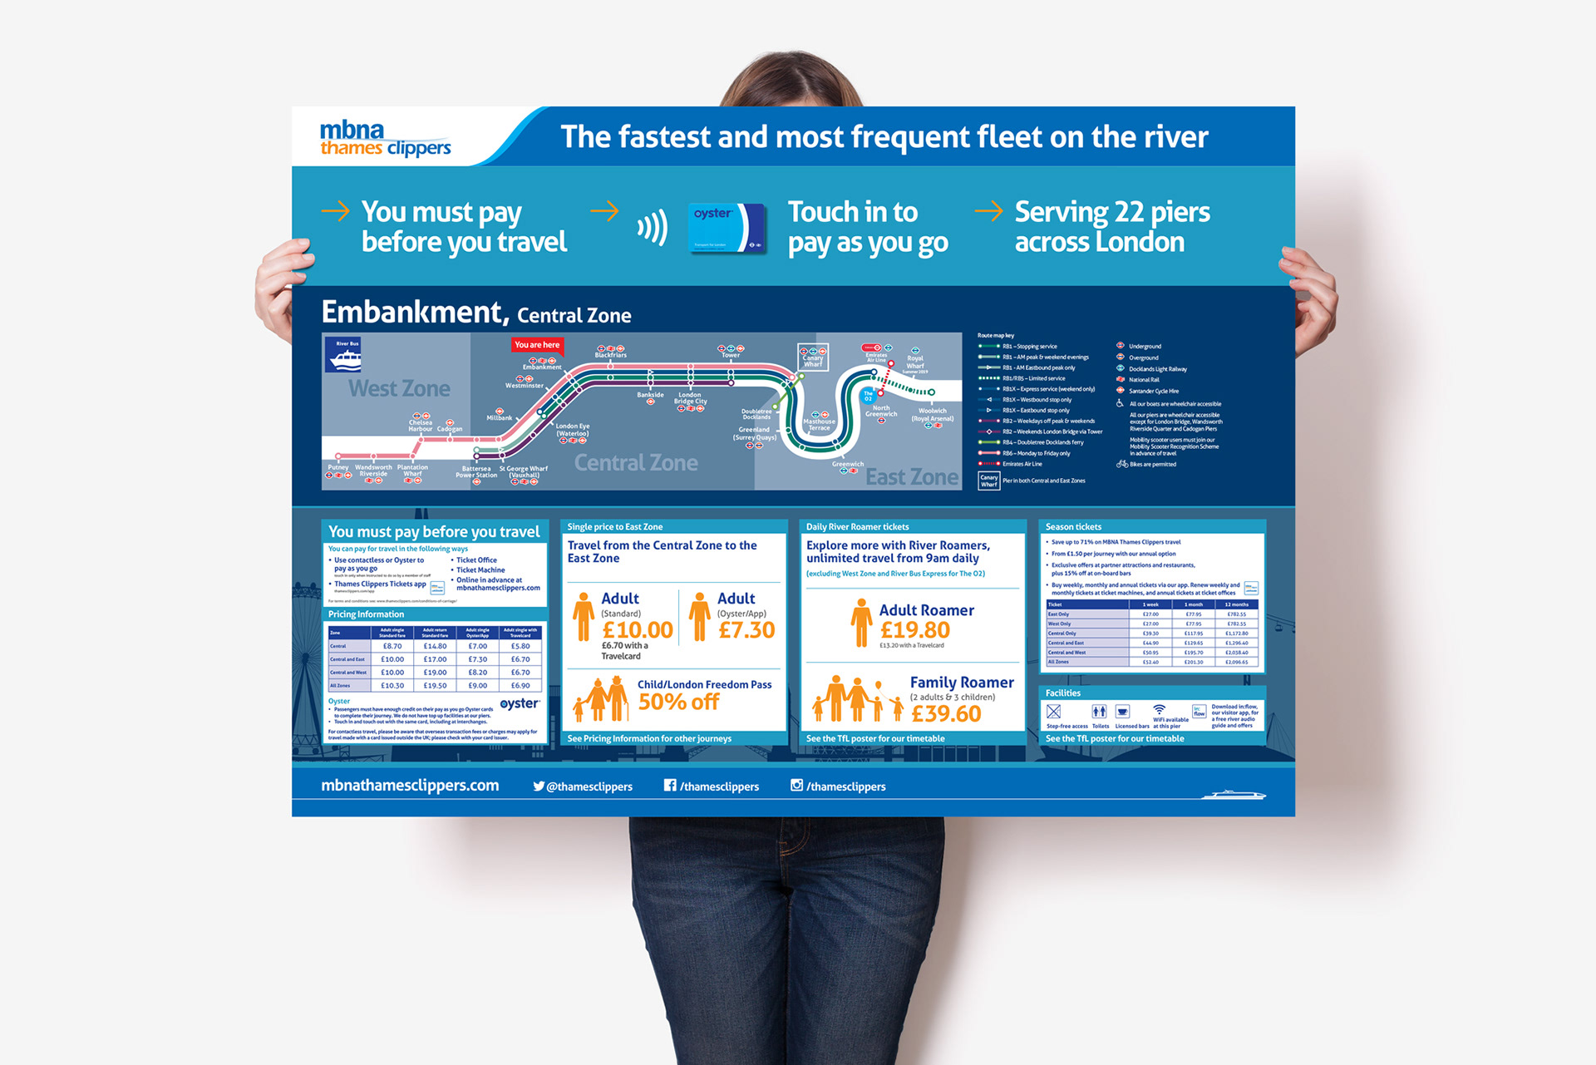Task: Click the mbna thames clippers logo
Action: click(385, 139)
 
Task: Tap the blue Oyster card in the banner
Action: click(727, 227)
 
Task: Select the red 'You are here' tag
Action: click(537, 345)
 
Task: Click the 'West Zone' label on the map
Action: click(399, 388)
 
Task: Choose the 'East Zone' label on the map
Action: click(912, 477)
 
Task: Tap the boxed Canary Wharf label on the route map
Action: click(812, 357)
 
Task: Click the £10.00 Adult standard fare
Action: click(638, 630)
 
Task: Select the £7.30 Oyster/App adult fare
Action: click(746, 630)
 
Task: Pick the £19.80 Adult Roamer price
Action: click(914, 630)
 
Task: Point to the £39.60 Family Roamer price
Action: click(946, 713)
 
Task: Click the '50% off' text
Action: click(678, 703)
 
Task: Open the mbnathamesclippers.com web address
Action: click(410, 786)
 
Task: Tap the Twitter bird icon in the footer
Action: click(539, 786)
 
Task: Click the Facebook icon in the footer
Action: click(670, 785)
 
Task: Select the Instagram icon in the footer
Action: click(796, 785)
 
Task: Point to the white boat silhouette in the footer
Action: click(1234, 795)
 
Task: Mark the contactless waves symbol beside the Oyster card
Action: click(653, 227)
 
